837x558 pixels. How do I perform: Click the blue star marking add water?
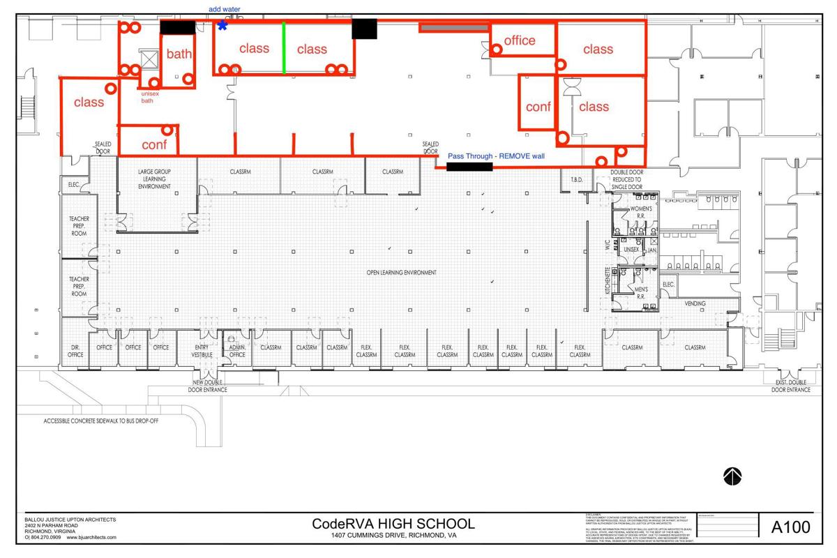coord(223,26)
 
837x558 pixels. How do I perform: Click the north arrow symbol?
coord(732,476)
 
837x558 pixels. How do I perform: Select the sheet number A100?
coord(791,527)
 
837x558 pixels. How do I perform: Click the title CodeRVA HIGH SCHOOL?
coord(393,524)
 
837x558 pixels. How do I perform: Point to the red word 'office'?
coord(520,40)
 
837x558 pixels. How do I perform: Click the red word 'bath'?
coord(179,54)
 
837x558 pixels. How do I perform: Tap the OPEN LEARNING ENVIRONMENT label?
coord(402,273)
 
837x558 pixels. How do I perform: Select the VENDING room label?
coord(695,303)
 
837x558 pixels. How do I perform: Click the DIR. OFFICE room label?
coord(75,351)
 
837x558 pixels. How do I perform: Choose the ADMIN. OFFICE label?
coord(237,351)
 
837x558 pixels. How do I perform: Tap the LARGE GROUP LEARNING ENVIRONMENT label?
coord(154,179)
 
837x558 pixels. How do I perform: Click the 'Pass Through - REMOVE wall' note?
coord(496,156)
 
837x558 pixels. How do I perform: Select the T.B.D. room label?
coord(576,180)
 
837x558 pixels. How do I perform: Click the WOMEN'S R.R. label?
coord(641,212)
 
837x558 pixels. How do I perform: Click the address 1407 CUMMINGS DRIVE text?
coord(393,536)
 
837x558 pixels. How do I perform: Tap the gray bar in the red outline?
coord(454,28)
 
